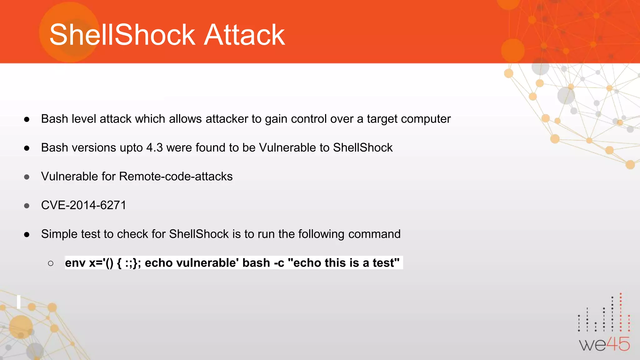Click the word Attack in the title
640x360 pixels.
click(x=244, y=35)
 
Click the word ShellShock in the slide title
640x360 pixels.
click(x=122, y=35)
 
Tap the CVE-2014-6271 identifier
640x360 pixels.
click(x=84, y=205)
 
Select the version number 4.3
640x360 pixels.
click(x=154, y=147)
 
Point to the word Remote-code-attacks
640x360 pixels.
click(x=176, y=177)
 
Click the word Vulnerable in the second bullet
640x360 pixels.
click(x=287, y=147)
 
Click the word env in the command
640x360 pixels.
click(x=75, y=263)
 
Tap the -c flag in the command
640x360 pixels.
click(x=279, y=263)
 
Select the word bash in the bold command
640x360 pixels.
click(x=256, y=263)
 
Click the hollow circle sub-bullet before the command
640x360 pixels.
click(x=51, y=263)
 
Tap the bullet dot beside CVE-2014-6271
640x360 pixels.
click(x=27, y=206)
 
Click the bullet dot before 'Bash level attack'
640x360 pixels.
click(x=27, y=119)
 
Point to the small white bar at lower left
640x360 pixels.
click(x=19, y=302)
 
